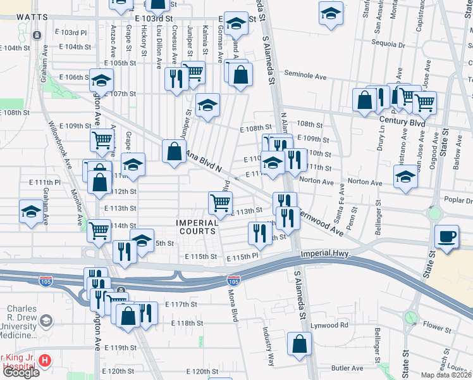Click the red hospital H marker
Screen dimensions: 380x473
[44, 360]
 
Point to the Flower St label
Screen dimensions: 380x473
[436, 327]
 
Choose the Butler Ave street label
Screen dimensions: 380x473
[347, 367]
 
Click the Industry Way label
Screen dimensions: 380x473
[270, 346]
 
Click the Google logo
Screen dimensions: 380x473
[20, 372]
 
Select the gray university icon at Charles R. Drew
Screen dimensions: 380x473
[46, 322]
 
